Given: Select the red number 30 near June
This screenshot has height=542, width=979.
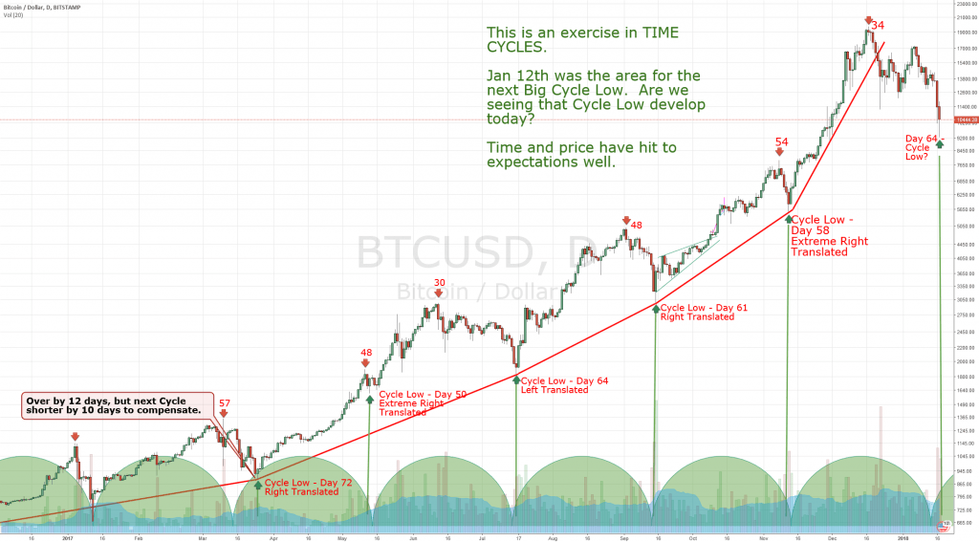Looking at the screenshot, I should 440,283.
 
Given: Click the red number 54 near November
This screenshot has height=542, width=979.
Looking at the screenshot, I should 781,141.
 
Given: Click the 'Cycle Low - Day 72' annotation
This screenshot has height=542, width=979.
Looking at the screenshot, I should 308,483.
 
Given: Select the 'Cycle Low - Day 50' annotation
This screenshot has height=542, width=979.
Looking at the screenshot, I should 424,394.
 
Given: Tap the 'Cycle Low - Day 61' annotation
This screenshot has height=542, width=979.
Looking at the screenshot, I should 705,307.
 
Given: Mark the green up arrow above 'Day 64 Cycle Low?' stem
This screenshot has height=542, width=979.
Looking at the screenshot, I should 940,143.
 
